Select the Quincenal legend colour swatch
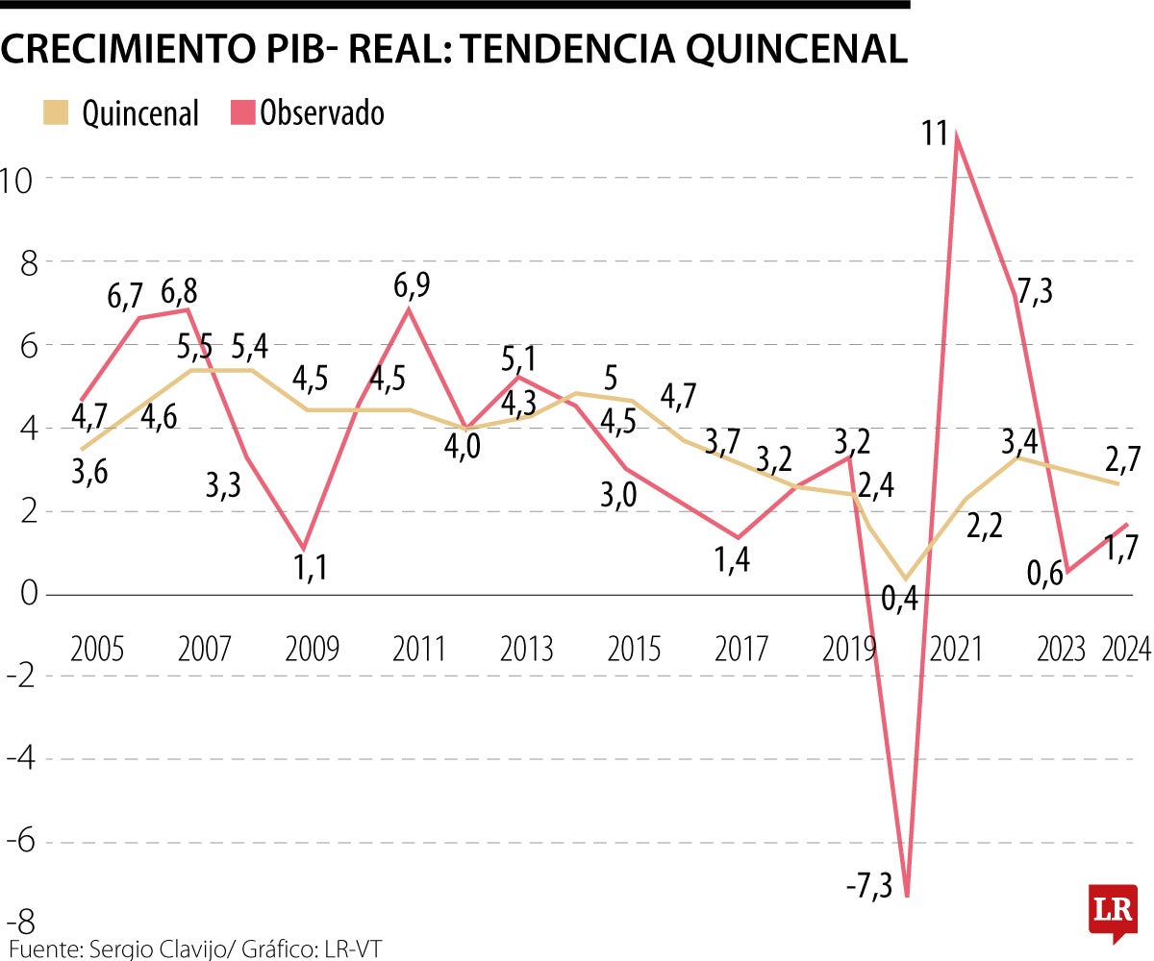(x=57, y=112)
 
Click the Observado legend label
(x=322, y=112)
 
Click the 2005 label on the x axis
(x=97, y=650)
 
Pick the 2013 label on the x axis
(x=526, y=650)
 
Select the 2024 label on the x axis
(x=1126, y=650)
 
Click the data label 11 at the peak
(x=936, y=133)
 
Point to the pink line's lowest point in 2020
(x=906, y=896)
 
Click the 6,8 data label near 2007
(x=182, y=289)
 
